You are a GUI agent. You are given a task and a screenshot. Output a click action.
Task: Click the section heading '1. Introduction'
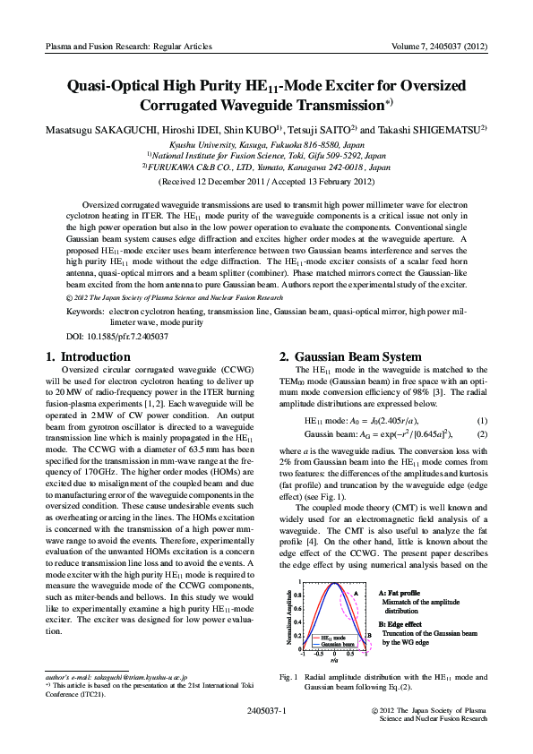coord(88,356)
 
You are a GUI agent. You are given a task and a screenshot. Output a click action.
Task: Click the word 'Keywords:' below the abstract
coord(85,312)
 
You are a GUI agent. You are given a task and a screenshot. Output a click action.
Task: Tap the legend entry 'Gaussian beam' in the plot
coord(336,644)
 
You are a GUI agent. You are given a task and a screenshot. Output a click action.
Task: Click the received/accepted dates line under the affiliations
coord(266,182)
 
